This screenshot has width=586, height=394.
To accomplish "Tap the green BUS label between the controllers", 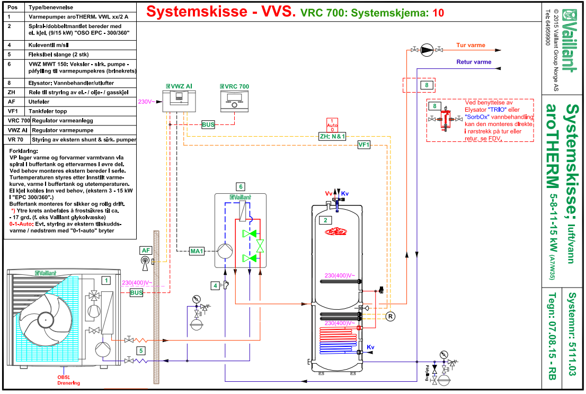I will click(x=208, y=125).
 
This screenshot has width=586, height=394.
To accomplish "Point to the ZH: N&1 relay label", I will click(x=332, y=136).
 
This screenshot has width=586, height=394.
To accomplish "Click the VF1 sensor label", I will click(x=363, y=145).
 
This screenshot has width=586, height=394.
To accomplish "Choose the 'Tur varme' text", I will click(x=470, y=46).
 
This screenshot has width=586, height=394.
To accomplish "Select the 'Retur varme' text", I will click(x=474, y=62).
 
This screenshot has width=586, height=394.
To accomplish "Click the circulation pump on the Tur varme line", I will click(x=426, y=51).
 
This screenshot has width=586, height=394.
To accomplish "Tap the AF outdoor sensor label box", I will click(x=146, y=250).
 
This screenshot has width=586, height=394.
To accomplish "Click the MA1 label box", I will click(x=197, y=251).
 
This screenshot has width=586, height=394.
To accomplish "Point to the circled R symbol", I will click(x=390, y=317).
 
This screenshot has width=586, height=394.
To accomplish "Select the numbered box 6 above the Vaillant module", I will click(x=241, y=187).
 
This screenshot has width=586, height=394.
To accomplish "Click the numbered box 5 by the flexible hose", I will click(x=141, y=351).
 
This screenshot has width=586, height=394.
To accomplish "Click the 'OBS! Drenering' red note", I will click(x=69, y=380).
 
